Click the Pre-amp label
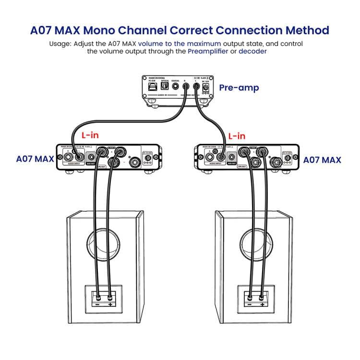pos(239,88)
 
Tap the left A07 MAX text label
pos(35,159)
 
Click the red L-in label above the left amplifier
pos(90,135)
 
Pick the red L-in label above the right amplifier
pos(236,136)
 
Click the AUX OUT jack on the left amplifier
pos(90,157)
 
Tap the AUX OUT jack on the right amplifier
pos(232,157)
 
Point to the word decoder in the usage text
pos(252,51)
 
